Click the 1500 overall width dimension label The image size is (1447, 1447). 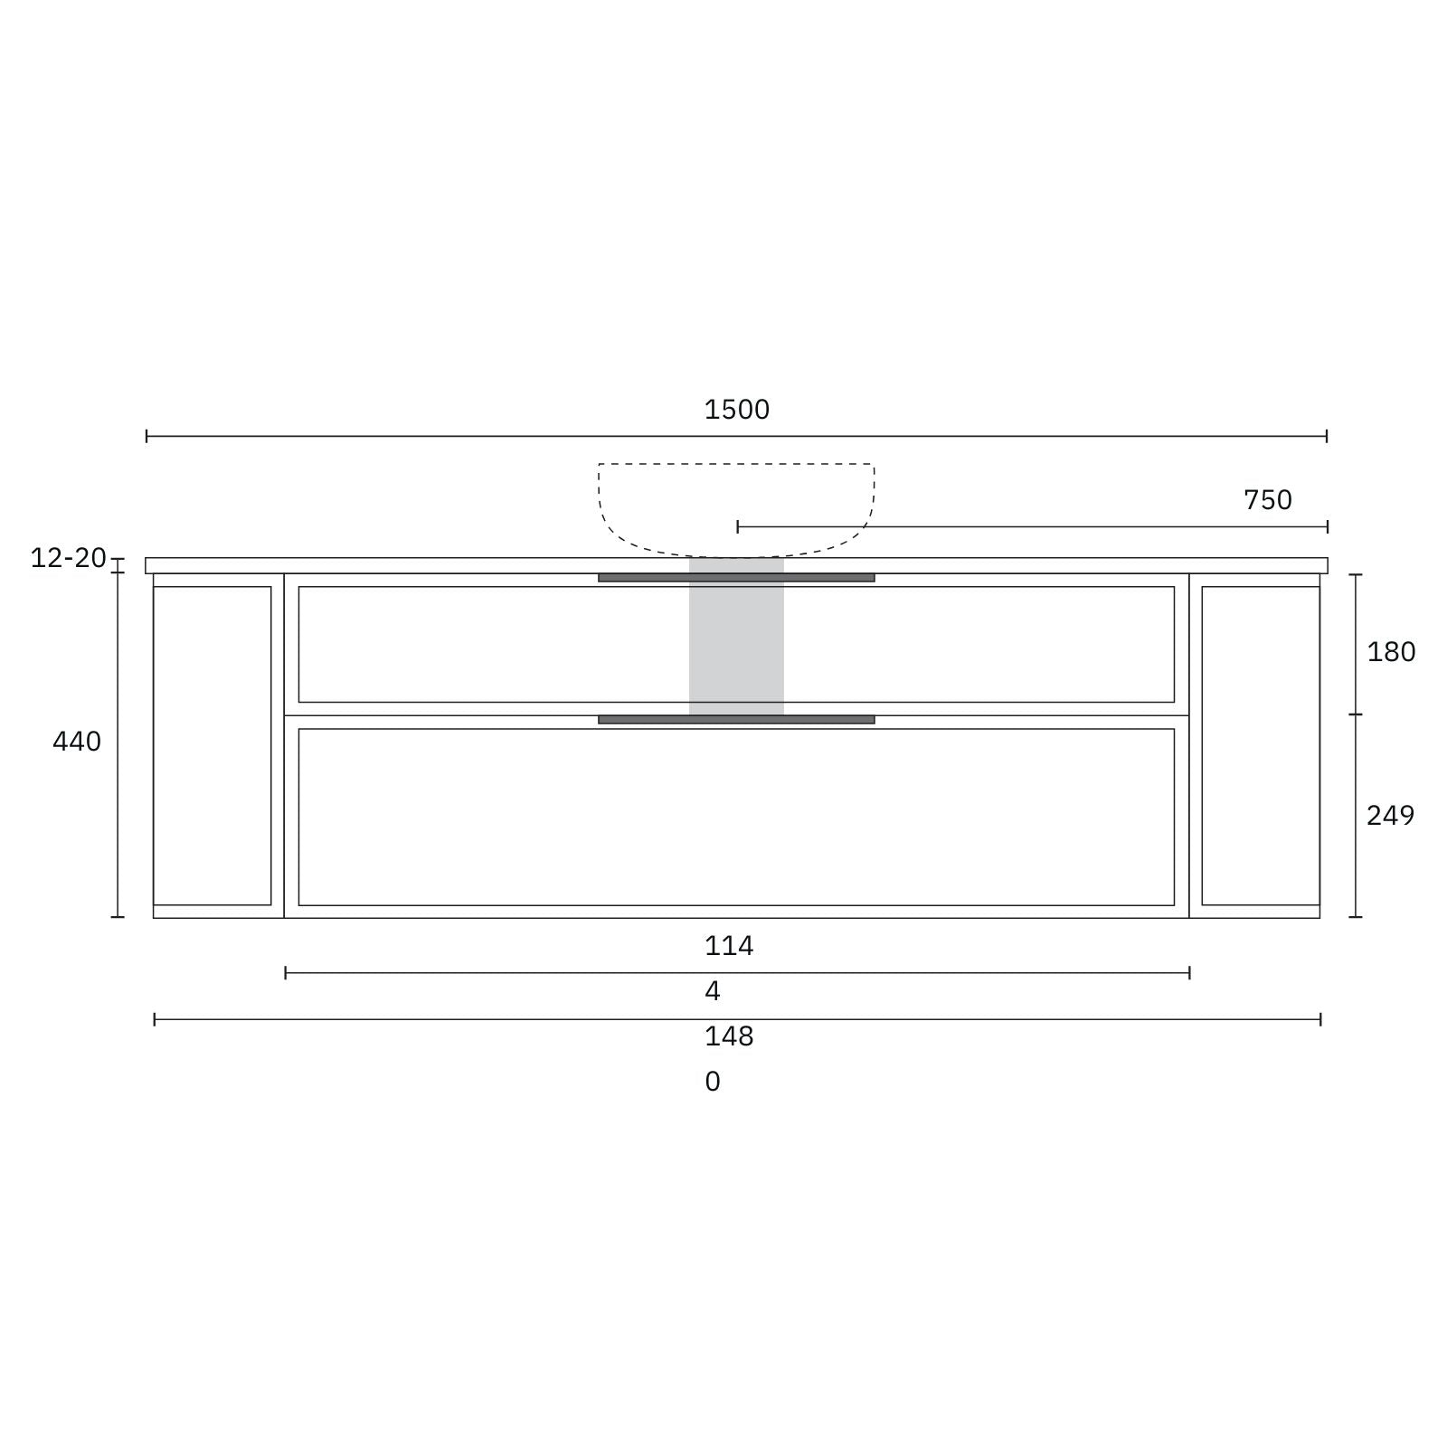click(x=736, y=410)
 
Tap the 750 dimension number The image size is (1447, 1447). click(x=1267, y=500)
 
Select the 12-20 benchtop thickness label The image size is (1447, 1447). click(x=68, y=558)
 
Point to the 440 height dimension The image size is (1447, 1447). click(x=77, y=742)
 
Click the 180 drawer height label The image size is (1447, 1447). click(x=1390, y=652)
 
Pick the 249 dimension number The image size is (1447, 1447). click(x=1389, y=816)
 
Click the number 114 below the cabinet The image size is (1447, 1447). click(x=728, y=946)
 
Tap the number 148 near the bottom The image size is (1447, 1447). click(x=728, y=1036)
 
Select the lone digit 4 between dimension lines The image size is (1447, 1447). click(x=713, y=992)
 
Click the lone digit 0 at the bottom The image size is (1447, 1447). click(x=713, y=1082)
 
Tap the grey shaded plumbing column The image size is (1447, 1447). click(x=736, y=642)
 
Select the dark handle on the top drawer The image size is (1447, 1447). click(x=736, y=578)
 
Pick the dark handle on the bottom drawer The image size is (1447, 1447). click(x=736, y=720)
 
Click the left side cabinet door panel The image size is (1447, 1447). click(x=213, y=745)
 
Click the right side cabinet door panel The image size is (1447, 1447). click(x=1260, y=745)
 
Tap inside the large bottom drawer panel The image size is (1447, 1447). click(x=736, y=817)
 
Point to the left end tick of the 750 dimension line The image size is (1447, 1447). click(x=738, y=526)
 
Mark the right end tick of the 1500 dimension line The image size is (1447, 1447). click(x=1326, y=436)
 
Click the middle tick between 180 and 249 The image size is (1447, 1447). click(x=1355, y=714)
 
